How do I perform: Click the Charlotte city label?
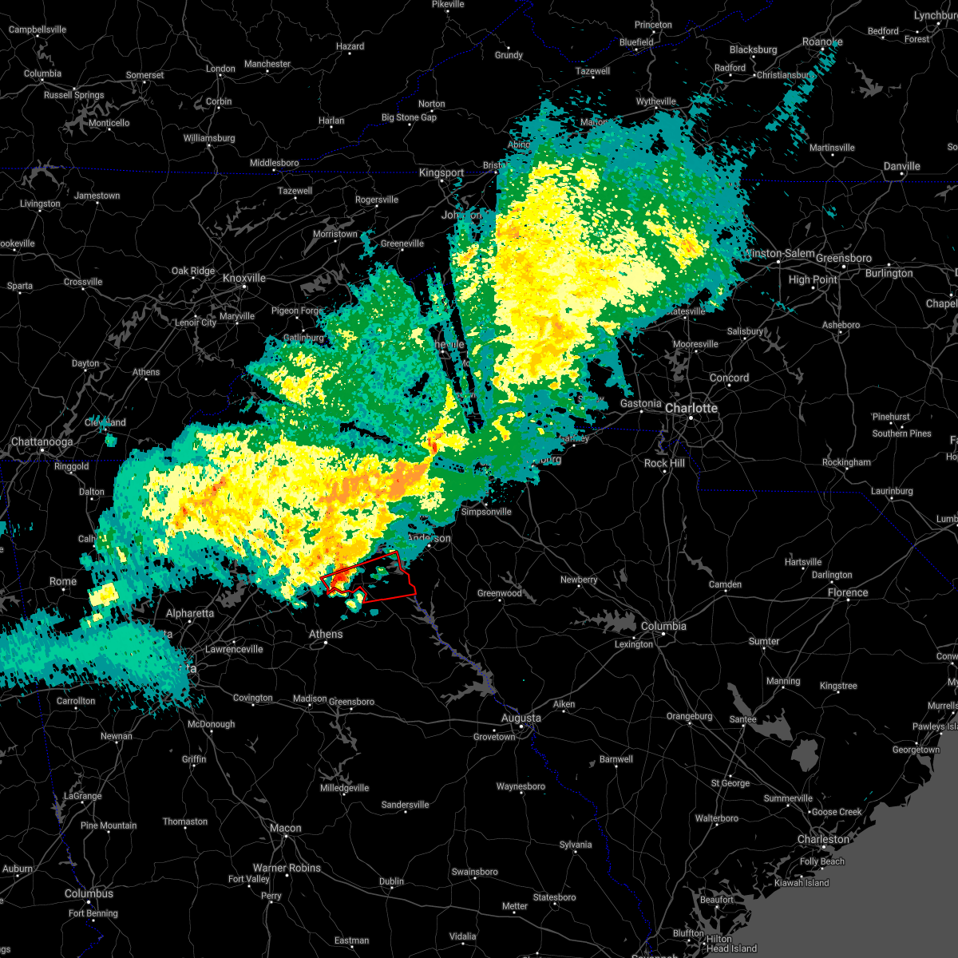pyautogui.click(x=691, y=408)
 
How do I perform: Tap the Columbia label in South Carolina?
pyautogui.click(x=663, y=626)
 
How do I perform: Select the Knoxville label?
pyautogui.click(x=244, y=278)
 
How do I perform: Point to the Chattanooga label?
pyautogui.click(x=42, y=441)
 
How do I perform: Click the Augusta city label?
pyautogui.click(x=521, y=718)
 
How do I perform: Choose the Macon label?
pyautogui.click(x=285, y=828)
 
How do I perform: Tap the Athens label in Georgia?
pyautogui.click(x=326, y=634)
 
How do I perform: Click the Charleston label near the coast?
pyautogui.click(x=823, y=839)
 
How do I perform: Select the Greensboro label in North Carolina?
pyautogui.click(x=845, y=259)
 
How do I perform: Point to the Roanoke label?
pyautogui.click(x=822, y=42)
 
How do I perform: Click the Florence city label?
pyautogui.click(x=848, y=592)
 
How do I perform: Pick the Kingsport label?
pyautogui.click(x=441, y=172)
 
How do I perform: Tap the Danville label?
pyautogui.click(x=901, y=166)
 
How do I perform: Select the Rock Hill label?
pyautogui.click(x=664, y=463)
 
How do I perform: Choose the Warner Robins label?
pyautogui.click(x=287, y=868)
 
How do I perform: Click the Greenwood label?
pyautogui.click(x=500, y=593)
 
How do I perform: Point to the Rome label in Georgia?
pyautogui.click(x=63, y=581)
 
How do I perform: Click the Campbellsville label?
pyautogui.click(x=38, y=30)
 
